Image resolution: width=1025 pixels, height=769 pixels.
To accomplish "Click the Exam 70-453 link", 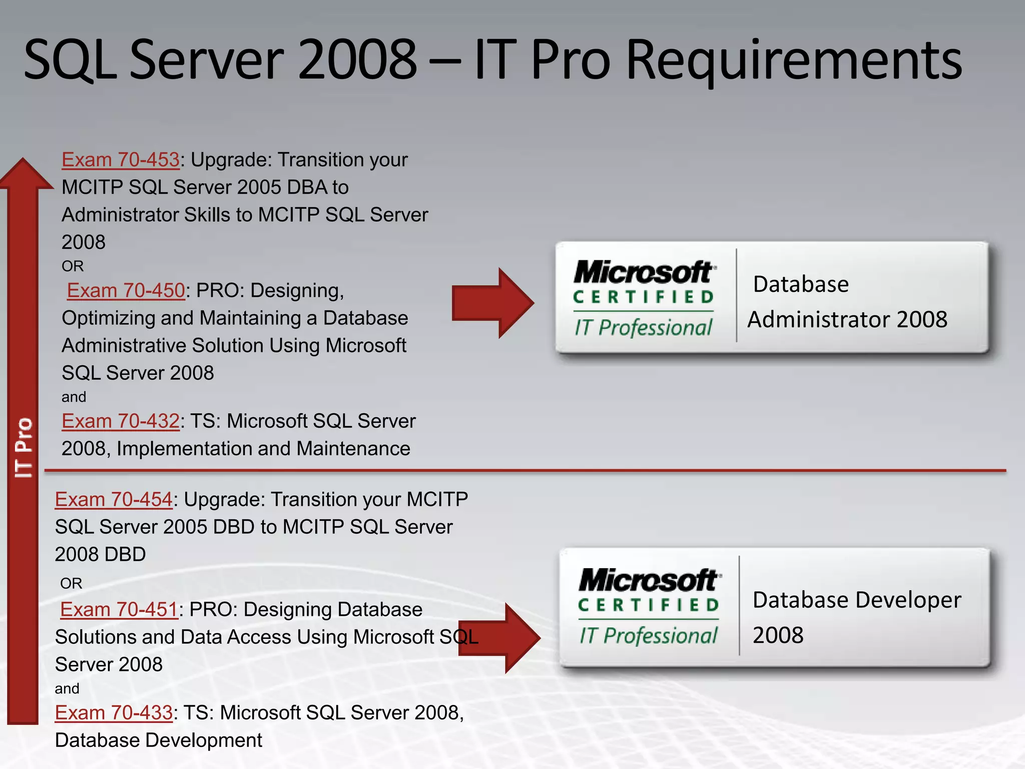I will point(120,160).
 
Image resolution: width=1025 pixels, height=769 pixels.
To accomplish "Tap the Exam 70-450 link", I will point(126,291).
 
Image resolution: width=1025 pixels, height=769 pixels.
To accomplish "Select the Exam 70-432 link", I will point(120,422).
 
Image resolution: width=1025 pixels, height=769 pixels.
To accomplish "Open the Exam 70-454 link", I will point(114,500).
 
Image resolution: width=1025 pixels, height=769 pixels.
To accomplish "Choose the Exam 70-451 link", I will point(119,610).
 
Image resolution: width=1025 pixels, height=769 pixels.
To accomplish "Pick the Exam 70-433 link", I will point(114,713).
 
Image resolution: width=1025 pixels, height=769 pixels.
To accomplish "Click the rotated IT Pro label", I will point(24,447).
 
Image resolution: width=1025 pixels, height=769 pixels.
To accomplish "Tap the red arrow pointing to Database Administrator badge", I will point(492,303).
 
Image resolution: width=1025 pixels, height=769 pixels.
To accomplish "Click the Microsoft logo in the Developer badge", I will point(649,580).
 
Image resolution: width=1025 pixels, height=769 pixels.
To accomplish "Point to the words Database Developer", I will point(856,600).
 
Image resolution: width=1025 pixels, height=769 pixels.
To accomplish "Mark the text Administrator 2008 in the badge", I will point(847,320).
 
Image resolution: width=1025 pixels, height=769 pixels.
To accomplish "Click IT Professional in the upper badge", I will point(643,328).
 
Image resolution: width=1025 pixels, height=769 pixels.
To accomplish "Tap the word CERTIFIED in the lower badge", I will point(649,605).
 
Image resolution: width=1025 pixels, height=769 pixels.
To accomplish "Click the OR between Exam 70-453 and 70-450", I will point(73,266).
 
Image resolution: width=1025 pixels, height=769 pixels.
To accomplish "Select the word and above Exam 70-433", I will point(67,689).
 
